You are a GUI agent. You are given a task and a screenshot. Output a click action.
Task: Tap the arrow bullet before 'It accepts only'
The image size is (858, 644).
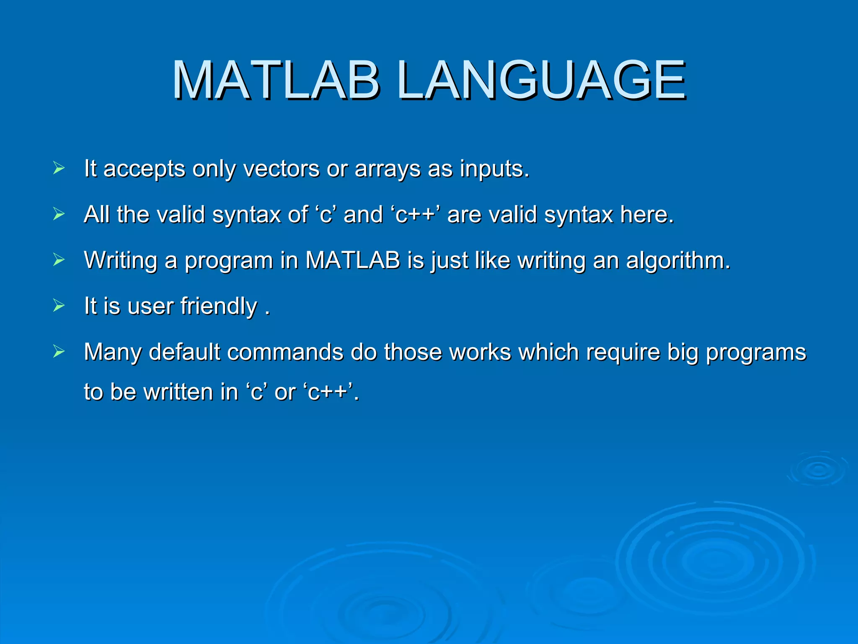pyautogui.click(x=59, y=169)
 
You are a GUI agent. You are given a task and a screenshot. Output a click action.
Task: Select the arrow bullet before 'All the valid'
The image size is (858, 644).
pyautogui.click(x=59, y=214)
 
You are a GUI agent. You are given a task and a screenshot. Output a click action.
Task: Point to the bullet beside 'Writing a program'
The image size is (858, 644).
pyautogui.click(x=59, y=260)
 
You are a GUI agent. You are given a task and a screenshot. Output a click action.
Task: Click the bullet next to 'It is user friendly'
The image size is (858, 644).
pyautogui.click(x=59, y=306)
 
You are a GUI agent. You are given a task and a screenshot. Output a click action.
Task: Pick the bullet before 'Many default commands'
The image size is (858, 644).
pyautogui.click(x=59, y=351)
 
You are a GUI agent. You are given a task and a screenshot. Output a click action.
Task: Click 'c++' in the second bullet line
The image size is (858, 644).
pyautogui.click(x=416, y=215)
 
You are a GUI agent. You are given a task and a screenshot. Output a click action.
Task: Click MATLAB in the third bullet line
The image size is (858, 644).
pyautogui.click(x=353, y=260)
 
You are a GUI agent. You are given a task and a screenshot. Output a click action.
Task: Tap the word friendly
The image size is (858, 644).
pyautogui.click(x=219, y=306)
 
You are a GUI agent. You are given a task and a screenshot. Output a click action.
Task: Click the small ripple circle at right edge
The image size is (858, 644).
pyautogui.click(x=818, y=470)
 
